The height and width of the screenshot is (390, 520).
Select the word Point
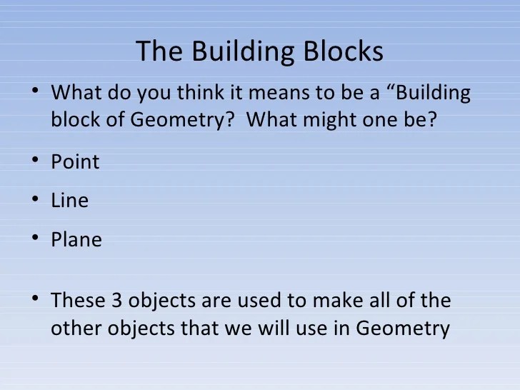75,162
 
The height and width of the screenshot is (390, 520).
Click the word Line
69,201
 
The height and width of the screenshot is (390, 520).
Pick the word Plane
76,240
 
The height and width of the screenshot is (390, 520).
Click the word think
201,94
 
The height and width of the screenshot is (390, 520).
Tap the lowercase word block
74,119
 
